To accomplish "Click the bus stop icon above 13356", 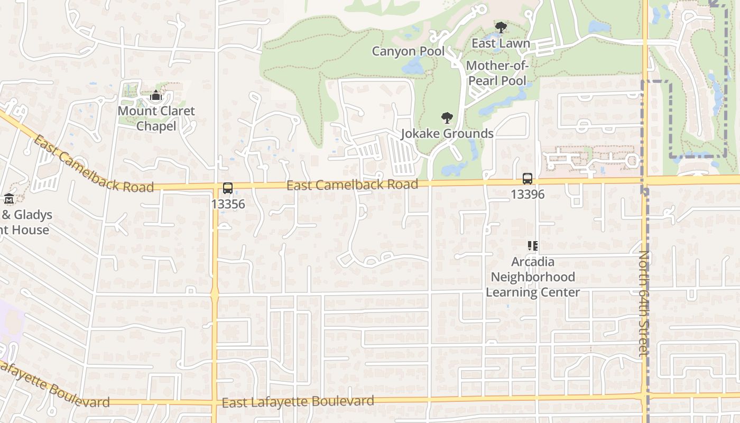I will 228,188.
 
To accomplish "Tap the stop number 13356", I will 228,204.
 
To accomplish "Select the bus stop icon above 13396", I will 528,179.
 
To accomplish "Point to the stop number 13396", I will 528,194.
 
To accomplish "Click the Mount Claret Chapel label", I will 156,118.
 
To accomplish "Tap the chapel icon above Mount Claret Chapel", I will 156,96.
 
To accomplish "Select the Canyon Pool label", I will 408,51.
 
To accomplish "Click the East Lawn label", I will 501,43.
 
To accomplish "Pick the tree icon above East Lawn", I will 501,27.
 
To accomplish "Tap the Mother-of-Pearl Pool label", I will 497,73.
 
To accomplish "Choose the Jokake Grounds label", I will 447,133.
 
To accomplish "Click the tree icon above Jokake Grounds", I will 447,117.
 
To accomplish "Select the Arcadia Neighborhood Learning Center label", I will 533,277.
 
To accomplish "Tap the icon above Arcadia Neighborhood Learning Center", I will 533,246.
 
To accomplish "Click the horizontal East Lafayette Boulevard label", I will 298,402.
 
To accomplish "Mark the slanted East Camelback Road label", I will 92,164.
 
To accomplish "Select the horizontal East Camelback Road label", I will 352,185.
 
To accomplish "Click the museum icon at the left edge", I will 9,199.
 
